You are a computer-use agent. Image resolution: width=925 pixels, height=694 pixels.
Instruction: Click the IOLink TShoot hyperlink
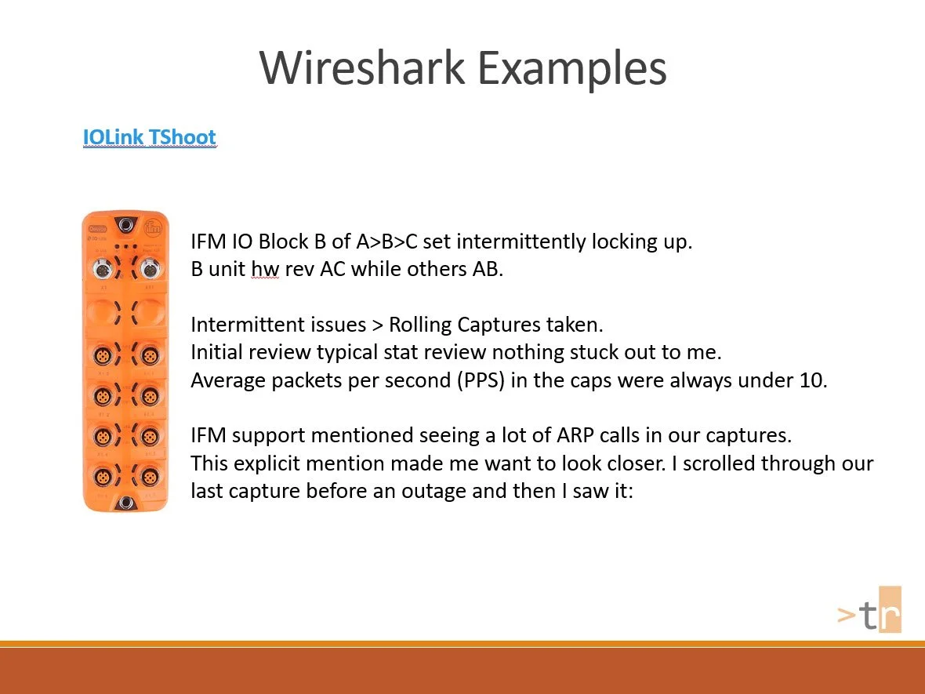pos(149,137)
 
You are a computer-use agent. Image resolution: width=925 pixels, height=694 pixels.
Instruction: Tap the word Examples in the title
pos(571,68)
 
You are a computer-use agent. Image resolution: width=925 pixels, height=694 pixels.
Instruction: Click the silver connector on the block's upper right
pos(149,270)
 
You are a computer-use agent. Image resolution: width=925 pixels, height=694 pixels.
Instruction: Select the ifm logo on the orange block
pos(153,229)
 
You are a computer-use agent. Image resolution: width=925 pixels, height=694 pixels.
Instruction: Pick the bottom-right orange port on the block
pos(149,476)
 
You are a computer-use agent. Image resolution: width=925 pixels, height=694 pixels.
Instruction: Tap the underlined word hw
pos(265,269)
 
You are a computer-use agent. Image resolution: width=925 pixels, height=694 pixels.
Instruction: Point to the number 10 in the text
pos(814,380)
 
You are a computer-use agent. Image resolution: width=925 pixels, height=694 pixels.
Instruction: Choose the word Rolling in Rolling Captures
pos(420,325)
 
